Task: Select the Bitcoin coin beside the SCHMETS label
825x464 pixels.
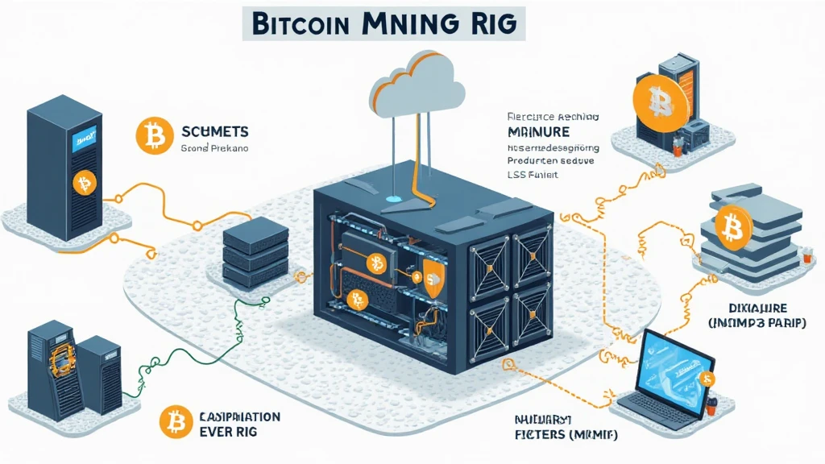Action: [x=151, y=136]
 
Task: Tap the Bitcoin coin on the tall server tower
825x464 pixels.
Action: [x=84, y=183]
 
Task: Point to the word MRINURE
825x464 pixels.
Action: [x=539, y=131]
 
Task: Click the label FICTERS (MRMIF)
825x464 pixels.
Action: [x=555, y=434]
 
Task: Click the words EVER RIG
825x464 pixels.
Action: [x=232, y=432]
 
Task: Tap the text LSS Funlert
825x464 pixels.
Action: [x=533, y=174]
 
